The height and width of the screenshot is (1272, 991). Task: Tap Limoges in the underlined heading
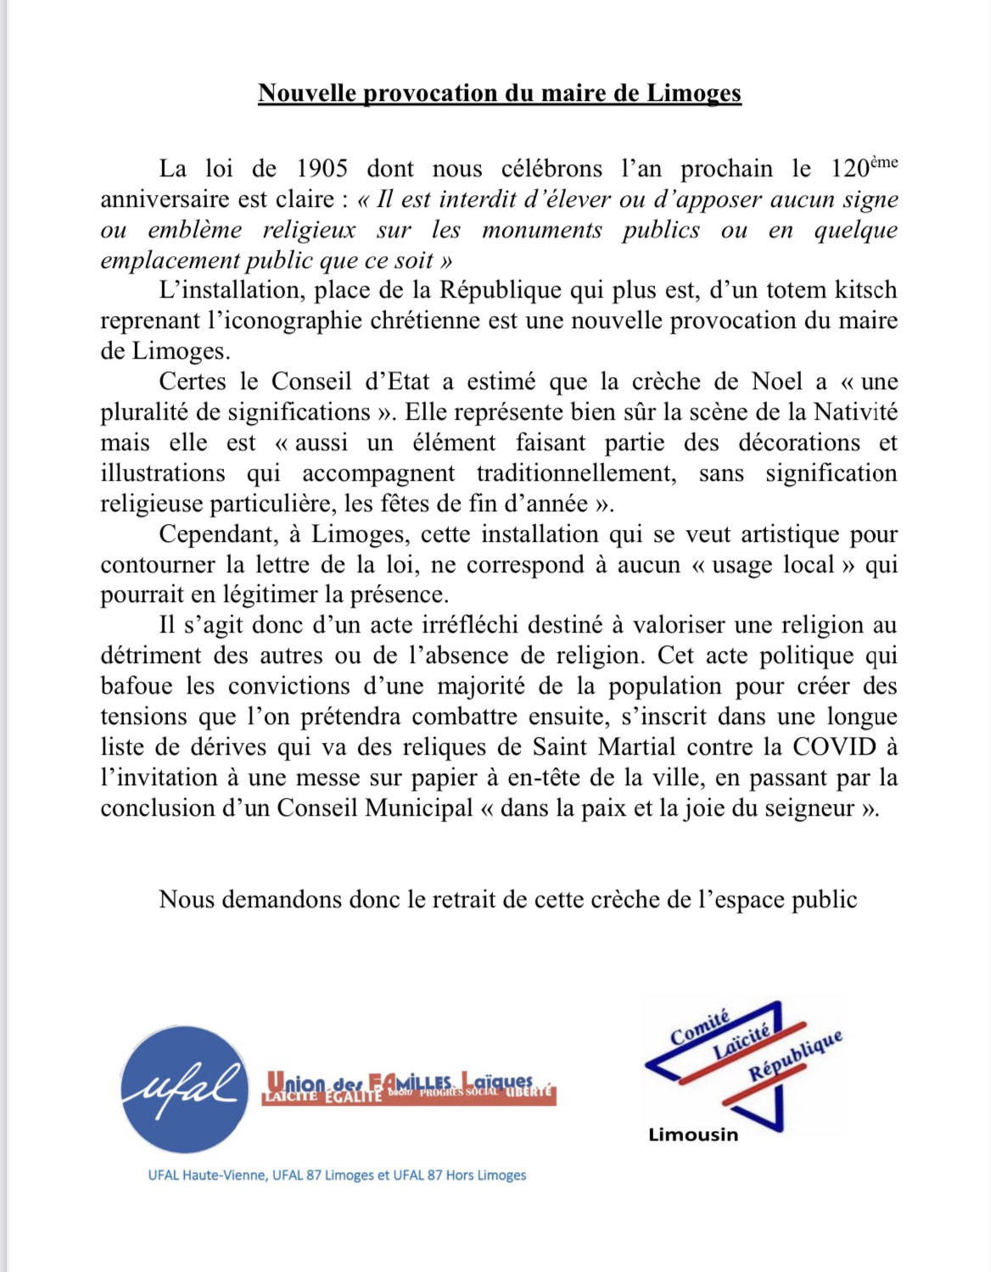[x=694, y=93]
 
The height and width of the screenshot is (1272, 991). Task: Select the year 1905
[x=322, y=169]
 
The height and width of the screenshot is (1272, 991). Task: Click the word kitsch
[x=861, y=290]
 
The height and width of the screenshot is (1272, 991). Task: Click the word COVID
[x=834, y=747]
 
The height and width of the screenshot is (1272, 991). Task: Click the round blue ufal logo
[x=185, y=1090]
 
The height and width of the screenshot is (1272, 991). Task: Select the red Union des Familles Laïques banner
[x=409, y=1088]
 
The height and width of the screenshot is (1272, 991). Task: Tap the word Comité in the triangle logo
[x=699, y=1029]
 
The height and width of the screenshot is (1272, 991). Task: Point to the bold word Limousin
[x=693, y=1135]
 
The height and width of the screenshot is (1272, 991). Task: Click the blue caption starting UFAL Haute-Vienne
[x=337, y=1175]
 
